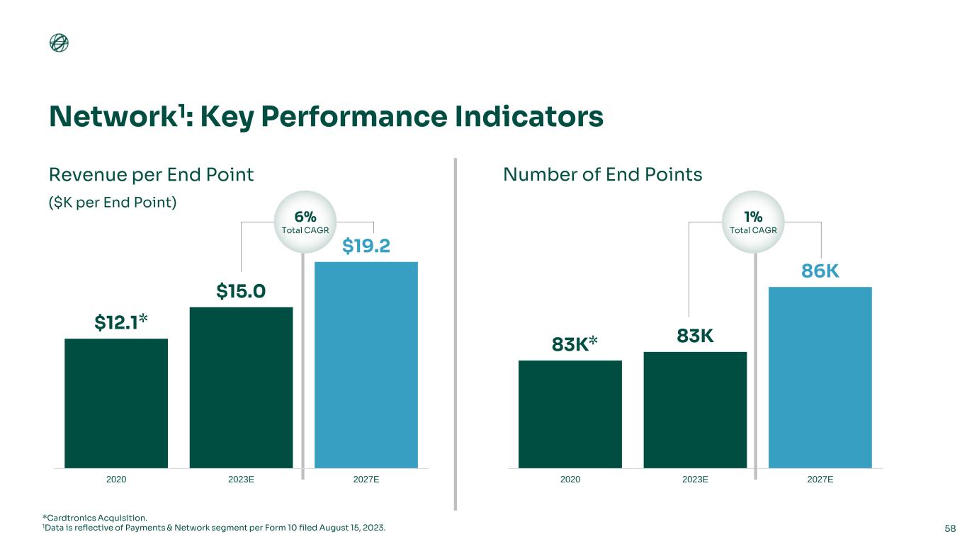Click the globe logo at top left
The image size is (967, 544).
coord(59,44)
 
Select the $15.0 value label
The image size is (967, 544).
coord(241,291)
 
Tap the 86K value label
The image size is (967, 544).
coord(820,271)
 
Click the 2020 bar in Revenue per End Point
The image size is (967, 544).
coord(116,403)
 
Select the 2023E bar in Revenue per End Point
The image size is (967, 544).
coord(241,387)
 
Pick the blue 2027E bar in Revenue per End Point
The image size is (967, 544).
coord(366,365)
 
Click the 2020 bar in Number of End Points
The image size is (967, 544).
coord(570,414)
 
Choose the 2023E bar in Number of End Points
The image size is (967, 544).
coord(695,410)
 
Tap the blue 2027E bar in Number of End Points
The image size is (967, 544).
coord(820,377)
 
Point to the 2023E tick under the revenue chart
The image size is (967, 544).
coord(241,480)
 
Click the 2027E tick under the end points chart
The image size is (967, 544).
coord(820,480)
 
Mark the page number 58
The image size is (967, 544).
coord(950,528)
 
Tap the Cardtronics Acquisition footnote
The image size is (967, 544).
coord(96,518)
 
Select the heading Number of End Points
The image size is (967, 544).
coord(602,174)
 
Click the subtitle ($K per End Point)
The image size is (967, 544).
coord(112,202)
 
